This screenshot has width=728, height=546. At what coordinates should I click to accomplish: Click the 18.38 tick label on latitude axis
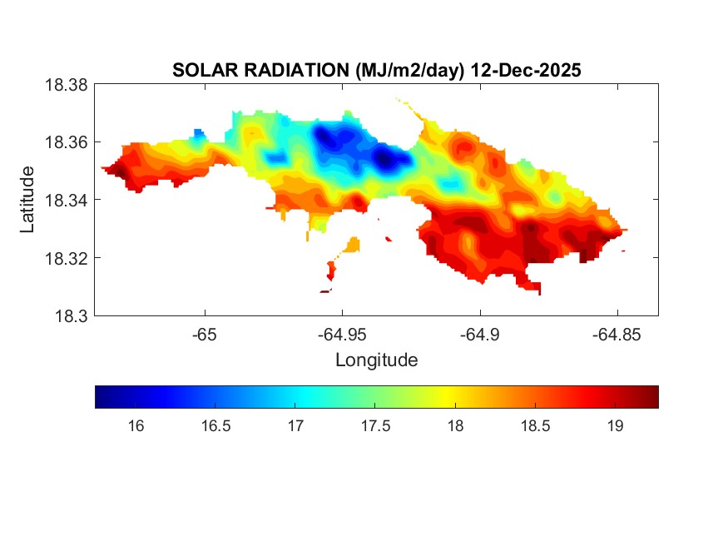pyautogui.click(x=66, y=84)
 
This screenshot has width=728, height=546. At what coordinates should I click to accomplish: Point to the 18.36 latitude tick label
pyautogui.click(x=66, y=142)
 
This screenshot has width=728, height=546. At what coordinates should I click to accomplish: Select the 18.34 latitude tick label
pyautogui.click(x=66, y=200)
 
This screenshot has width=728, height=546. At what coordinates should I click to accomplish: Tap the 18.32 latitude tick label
pyautogui.click(x=66, y=258)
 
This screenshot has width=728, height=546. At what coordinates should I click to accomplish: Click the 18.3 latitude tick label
pyautogui.click(x=71, y=315)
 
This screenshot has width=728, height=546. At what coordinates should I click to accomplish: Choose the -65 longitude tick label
pyautogui.click(x=204, y=335)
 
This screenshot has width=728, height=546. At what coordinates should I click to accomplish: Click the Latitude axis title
pyautogui.click(x=28, y=200)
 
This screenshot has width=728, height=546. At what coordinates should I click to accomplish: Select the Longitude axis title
pyautogui.click(x=376, y=360)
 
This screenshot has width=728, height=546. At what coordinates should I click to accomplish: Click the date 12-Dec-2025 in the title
pyautogui.click(x=526, y=71)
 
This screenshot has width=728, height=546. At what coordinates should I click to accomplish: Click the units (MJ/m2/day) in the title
pyautogui.click(x=406, y=71)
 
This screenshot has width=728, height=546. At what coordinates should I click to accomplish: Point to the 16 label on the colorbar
pyautogui.click(x=136, y=426)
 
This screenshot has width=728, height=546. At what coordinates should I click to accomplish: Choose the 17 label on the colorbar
pyautogui.click(x=295, y=426)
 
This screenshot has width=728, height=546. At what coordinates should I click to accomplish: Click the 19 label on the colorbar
pyautogui.click(x=615, y=426)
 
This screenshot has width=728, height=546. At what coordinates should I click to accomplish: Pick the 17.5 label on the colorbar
pyautogui.click(x=375, y=426)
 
